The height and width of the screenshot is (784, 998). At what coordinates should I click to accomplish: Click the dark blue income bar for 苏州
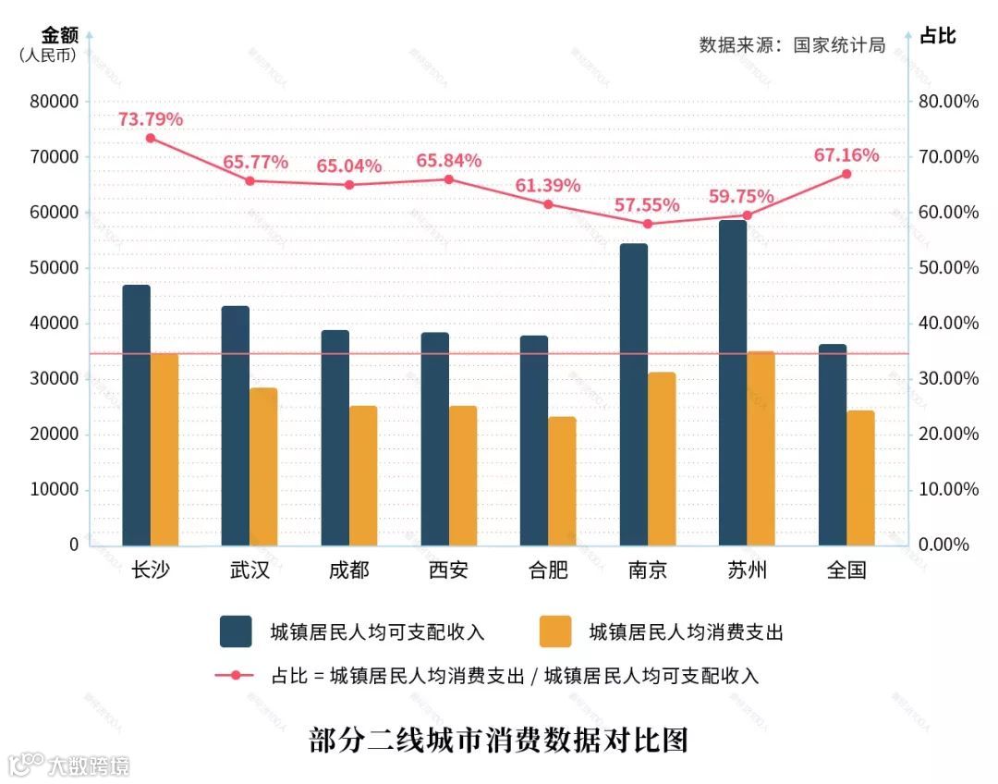pyautogui.click(x=733, y=383)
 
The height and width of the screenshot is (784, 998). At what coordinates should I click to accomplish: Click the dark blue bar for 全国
pyautogui.click(x=832, y=445)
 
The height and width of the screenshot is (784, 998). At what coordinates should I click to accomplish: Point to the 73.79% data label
pyautogui.click(x=151, y=119)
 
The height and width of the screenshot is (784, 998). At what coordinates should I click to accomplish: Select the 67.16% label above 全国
pyautogui.click(x=846, y=155)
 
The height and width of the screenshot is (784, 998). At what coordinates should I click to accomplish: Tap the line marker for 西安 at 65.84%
pyautogui.click(x=449, y=178)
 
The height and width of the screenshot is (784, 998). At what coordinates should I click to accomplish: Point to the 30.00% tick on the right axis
pyautogui.click(x=948, y=379)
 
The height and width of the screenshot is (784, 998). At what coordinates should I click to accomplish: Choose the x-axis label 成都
pyautogui.click(x=348, y=570)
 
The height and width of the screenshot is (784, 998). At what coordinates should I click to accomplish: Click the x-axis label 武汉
pyautogui.click(x=249, y=570)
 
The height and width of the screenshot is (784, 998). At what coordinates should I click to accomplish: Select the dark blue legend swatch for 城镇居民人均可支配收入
pyautogui.click(x=236, y=631)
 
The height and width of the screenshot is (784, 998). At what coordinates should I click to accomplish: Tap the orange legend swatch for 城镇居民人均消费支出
pyautogui.click(x=555, y=631)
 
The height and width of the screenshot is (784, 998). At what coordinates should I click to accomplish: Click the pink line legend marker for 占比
pyautogui.click(x=236, y=676)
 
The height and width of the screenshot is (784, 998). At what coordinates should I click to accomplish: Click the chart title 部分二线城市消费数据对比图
pyautogui.click(x=499, y=741)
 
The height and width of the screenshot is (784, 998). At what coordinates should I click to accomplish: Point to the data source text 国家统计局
pyautogui.click(x=839, y=45)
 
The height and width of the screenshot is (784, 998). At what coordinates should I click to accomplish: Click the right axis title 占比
pyautogui.click(x=937, y=36)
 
